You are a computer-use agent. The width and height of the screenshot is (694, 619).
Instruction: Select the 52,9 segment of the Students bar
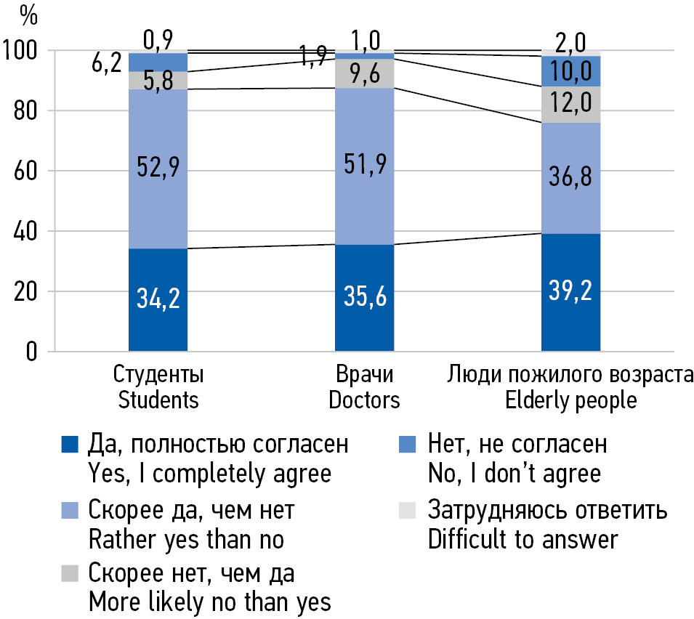(x=158, y=166)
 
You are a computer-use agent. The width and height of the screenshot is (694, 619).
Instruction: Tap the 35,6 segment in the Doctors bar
(x=364, y=298)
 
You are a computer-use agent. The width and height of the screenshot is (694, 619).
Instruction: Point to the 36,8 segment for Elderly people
(x=570, y=178)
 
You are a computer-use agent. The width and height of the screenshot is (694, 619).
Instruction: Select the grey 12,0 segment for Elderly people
(x=570, y=105)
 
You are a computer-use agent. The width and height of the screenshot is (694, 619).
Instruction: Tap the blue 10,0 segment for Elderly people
(x=570, y=71)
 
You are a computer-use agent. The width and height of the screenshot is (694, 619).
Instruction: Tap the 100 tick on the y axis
(x=23, y=51)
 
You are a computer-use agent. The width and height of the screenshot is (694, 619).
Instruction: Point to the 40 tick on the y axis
(x=27, y=232)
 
